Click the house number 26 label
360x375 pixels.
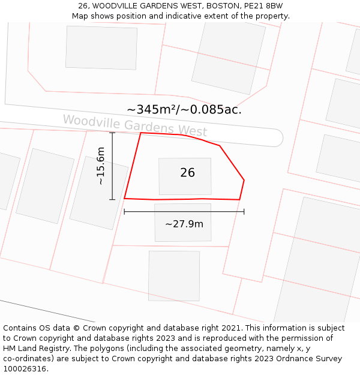[187, 173]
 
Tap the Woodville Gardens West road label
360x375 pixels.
[135, 125]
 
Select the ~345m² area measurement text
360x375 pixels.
[151, 109]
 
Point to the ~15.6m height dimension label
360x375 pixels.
[101, 166]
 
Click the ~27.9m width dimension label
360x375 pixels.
[184, 224]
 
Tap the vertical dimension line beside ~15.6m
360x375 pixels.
[112, 166]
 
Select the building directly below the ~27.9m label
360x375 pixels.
[174, 275]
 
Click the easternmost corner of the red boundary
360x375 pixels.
[244, 179]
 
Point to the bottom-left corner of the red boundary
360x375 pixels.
[125, 198]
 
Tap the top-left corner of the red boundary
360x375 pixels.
[141, 133]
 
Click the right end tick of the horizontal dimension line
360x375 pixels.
[244, 211]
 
